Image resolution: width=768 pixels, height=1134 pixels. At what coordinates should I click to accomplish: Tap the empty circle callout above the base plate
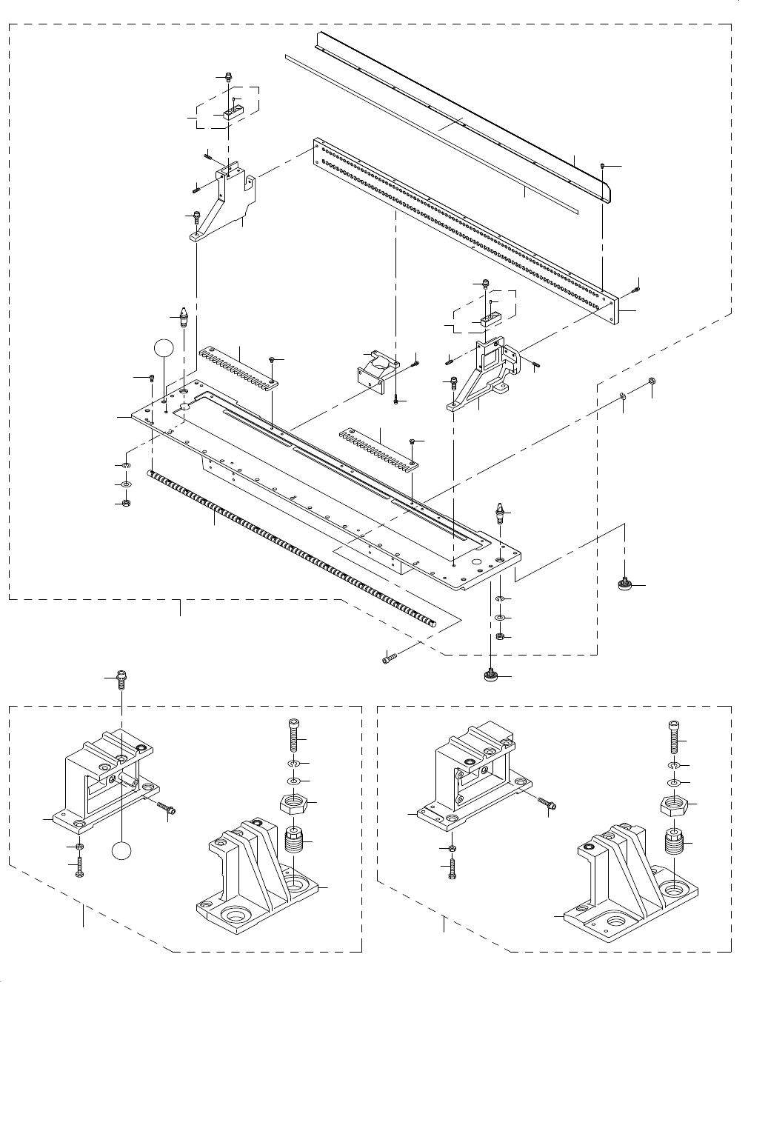click(x=165, y=350)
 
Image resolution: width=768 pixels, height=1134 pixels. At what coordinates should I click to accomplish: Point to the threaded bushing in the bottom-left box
click(x=295, y=841)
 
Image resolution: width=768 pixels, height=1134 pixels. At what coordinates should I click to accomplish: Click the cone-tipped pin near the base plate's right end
click(x=501, y=513)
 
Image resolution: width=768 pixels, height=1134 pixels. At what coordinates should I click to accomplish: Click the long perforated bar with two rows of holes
click(x=467, y=230)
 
